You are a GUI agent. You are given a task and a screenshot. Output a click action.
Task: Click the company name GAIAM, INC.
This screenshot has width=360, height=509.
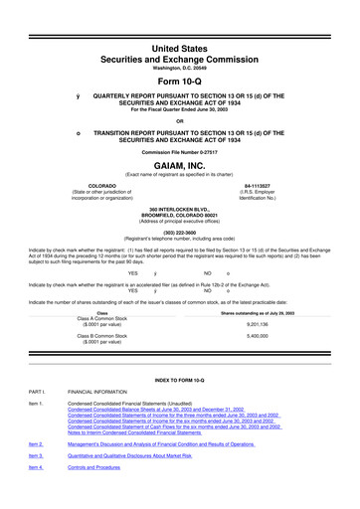tap(179, 169)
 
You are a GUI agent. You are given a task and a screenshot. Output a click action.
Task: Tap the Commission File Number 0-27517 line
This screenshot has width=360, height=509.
tap(179, 151)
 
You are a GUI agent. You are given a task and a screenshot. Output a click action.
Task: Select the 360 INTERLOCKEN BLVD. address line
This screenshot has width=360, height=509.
tap(179, 208)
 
